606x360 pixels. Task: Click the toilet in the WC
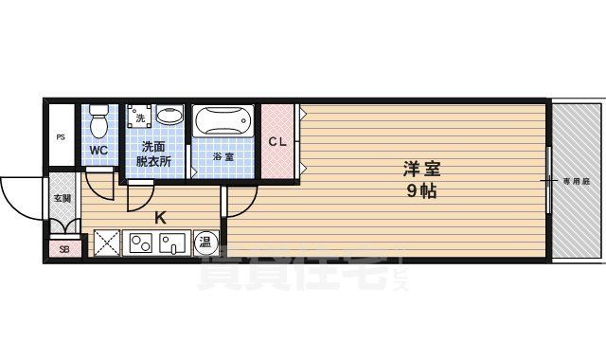pyautogui.click(x=98, y=122)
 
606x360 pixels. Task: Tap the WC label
pyautogui.click(x=98, y=151)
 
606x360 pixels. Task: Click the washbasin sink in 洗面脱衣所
pyautogui.click(x=169, y=117)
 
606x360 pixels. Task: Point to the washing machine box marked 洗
pyautogui.click(x=140, y=117)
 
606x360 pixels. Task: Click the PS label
pyautogui.click(x=61, y=137)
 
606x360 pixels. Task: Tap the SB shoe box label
pyautogui.click(x=64, y=249)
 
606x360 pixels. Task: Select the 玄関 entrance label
pyautogui.click(x=62, y=198)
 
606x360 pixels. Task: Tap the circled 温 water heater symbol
pyautogui.click(x=205, y=243)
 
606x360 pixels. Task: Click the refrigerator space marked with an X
pyautogui.click(x=106, y=243)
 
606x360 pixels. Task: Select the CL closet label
pyautogui.click(x=277, y=143)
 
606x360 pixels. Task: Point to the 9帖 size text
pyautogui.click(x=422, y=189)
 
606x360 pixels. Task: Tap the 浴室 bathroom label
pyautogui.click(x=223, y=156)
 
